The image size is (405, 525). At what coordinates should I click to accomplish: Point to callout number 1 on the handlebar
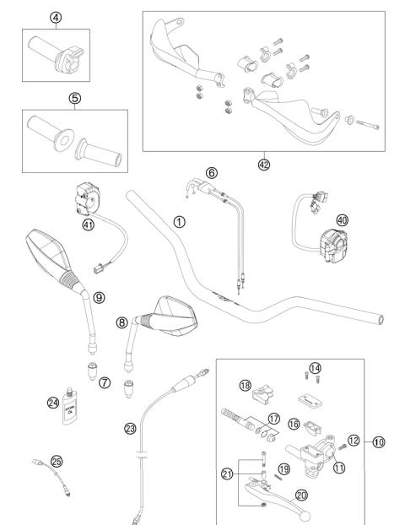coord(178,222)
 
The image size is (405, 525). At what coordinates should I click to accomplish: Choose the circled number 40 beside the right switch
coord(342,219)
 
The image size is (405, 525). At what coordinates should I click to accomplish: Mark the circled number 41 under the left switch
coord(87,225)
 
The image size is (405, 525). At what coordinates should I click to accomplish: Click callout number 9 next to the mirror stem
coord(99,297)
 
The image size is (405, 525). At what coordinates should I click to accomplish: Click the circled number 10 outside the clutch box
coord(378,441)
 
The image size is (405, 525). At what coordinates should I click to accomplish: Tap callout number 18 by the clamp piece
coord(246,385)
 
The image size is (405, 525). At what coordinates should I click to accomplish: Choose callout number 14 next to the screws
coord(315,367)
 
